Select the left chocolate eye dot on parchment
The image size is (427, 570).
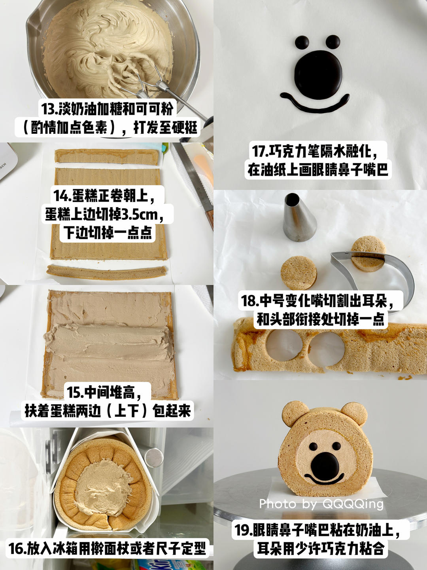tap(302, 42)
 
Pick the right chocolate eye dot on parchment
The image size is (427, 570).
tap(333, 42)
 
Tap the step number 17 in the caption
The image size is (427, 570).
tap(259, 151)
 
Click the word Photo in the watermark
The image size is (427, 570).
tap(278, 504)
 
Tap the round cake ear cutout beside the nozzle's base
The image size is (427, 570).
tap(299, 273)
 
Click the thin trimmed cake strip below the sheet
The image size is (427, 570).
tap(106, 272)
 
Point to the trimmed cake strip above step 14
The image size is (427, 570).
tap(106, 157)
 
